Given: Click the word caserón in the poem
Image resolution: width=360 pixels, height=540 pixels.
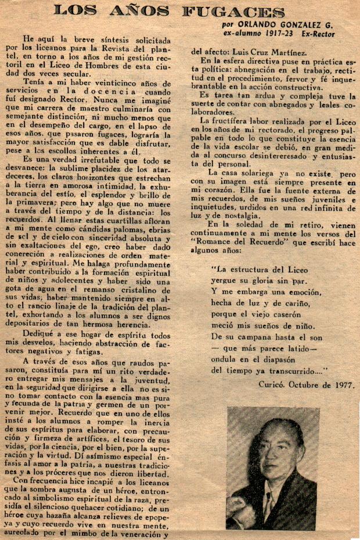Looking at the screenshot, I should tap(283, 314).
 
